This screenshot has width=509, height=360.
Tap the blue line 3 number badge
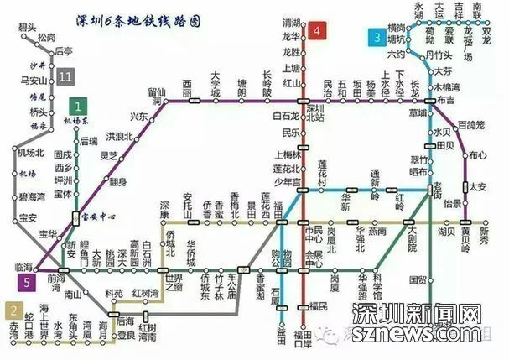tap(378, 37)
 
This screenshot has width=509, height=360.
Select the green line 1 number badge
tap(78, 107)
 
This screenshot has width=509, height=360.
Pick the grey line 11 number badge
tap(66, 78)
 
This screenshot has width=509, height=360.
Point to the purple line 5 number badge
tap(29, 281)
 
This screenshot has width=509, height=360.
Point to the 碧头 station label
tap(26, 28)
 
